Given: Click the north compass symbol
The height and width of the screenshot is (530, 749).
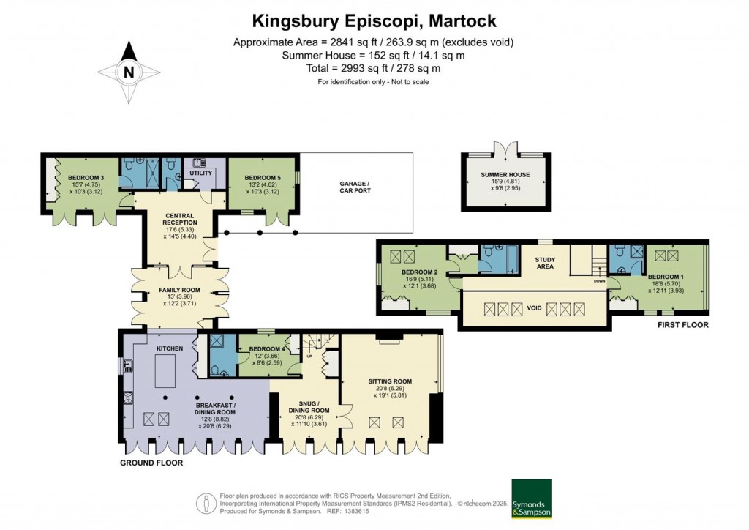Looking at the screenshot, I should tap(129, 70).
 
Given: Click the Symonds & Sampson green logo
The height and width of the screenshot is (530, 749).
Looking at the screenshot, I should tap(530, 499).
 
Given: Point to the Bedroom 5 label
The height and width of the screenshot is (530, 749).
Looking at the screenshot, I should tap(263, 178).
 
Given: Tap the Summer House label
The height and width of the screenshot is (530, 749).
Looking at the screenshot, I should tap(505, 175).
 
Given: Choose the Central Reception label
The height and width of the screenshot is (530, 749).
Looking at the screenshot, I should tap(180, 218).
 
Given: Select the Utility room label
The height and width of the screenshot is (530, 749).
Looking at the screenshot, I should tap(200, 173).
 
